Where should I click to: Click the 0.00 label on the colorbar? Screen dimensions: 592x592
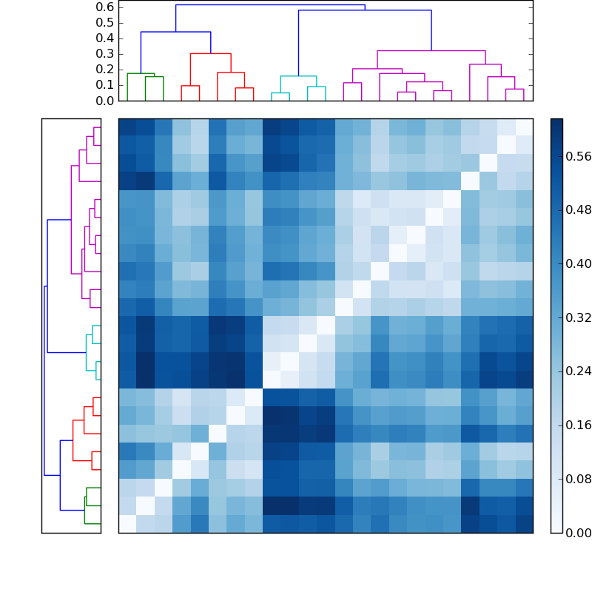576,533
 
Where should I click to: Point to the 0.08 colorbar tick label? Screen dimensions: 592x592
576,479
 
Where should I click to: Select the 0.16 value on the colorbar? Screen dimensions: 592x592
576,425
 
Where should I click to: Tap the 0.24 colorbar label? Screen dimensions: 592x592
576,371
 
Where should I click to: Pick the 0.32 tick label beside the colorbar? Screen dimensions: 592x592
576,317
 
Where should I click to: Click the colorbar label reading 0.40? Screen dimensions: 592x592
576,263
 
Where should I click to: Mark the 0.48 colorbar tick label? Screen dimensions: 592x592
576,209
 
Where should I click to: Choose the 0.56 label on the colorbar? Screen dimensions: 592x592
576,155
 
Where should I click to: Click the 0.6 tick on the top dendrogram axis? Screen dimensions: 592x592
104,7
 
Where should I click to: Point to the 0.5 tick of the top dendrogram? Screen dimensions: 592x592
104,22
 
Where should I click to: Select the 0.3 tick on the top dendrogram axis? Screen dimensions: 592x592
104,54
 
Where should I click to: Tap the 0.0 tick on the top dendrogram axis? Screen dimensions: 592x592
104,101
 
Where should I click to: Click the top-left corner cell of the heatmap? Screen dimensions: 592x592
127,127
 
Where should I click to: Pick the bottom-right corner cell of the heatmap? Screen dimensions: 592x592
524,524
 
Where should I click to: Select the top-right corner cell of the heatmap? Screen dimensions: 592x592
524,127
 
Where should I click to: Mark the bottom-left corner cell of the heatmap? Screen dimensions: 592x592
127,524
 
